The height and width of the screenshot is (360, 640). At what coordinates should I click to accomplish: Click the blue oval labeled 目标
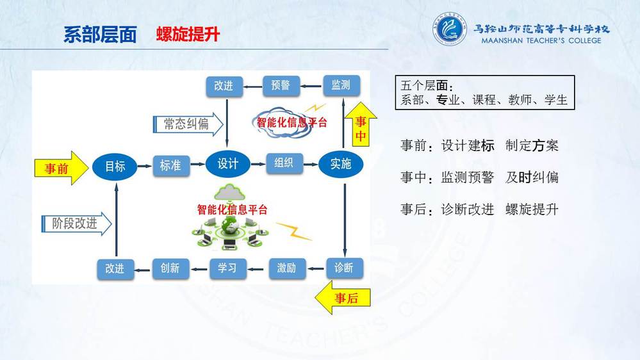[x=115, y=166]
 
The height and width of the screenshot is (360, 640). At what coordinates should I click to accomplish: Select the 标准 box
[x=171, y=165]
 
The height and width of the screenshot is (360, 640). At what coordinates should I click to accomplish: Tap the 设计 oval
[x=227, y=164]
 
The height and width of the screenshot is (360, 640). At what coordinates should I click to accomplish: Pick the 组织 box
[x=284, y=163]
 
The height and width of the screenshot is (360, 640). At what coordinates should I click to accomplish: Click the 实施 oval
[x=341, y=164]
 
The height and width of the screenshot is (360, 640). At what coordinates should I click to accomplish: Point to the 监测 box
[x=341, y=85]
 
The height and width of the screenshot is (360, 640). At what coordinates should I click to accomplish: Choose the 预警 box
[x=281, y=86]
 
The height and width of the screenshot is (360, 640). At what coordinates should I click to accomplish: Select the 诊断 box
[x=345, y=268]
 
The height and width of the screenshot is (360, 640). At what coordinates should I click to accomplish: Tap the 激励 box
[x=287, y=268]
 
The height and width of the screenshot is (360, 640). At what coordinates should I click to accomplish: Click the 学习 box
[x=228, y=268]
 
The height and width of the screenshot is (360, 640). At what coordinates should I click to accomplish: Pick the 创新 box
[x=170, y=268]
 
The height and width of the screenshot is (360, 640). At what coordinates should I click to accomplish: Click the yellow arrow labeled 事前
[x=62, y=168]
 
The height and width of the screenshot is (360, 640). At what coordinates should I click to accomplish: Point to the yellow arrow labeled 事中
[x=361, y=124]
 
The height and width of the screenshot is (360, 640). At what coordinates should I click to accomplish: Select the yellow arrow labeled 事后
[x=343, y=298]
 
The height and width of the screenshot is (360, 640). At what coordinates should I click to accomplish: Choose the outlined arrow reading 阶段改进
[x=76, y=224]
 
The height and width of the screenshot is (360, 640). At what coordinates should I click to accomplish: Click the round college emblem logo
[x=449, y=29]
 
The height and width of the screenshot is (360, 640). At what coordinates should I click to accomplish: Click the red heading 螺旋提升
[x=188, y=35]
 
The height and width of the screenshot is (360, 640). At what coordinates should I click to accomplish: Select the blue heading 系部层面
[x=100, y=35]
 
